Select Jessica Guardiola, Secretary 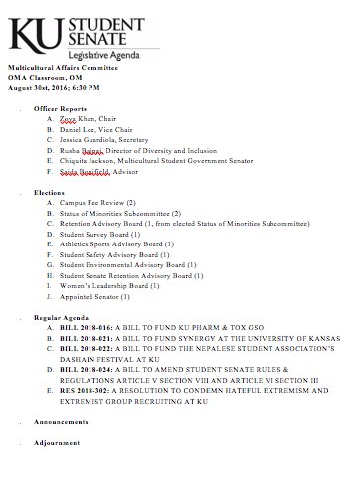[x=106, y=142]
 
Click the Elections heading [x=49, y=190]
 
